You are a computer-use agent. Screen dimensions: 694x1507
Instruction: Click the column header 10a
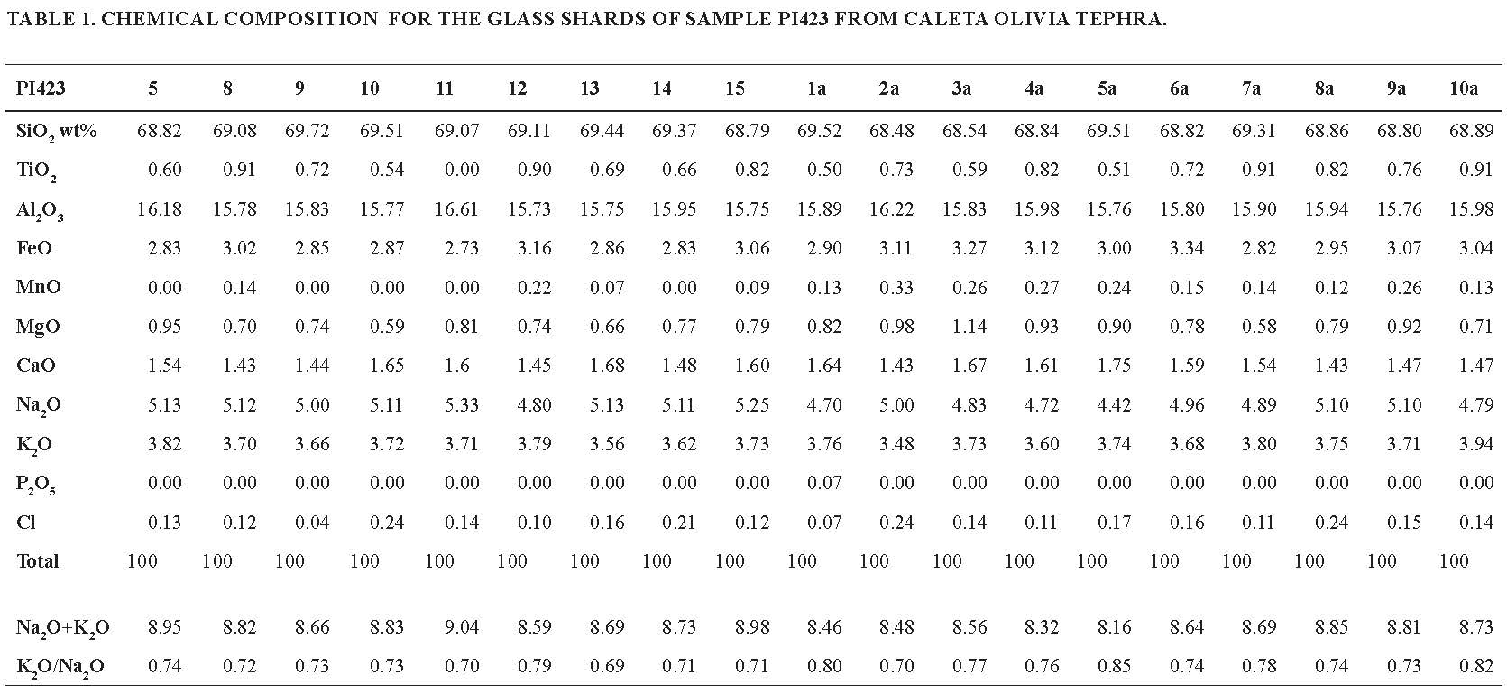[1463, 88]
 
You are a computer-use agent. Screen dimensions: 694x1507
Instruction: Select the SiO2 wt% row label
[57, 131]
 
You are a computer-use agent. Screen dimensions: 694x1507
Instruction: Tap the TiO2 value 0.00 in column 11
[461, 170]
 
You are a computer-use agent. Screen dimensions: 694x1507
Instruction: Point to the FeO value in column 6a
[1186, 248]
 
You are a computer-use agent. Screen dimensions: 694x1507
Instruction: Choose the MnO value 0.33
[896, 288]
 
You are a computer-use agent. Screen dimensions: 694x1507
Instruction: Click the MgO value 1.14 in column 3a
[969, 327]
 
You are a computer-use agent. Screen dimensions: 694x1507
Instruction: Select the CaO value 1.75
[1113, 366]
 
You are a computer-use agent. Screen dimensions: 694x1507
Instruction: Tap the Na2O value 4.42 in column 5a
[1113, 405]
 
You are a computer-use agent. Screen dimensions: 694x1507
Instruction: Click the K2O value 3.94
[1476, 444]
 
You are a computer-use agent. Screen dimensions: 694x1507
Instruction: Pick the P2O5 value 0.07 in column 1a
[823, 483]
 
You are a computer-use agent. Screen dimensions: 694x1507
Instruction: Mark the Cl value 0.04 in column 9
[311, 523]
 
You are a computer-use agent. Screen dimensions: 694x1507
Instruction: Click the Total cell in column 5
[142, 561]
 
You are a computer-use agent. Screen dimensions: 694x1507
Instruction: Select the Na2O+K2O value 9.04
[461, 627]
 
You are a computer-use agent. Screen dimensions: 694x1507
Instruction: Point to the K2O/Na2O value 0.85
[1113, 667]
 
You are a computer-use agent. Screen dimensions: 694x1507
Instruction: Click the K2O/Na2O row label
[60, 667]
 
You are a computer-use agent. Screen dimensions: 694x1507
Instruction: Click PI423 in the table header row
[41, 88]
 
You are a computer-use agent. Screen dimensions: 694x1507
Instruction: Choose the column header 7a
[1250, 88]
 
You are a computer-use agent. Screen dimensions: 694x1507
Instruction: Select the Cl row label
[25, 523]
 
